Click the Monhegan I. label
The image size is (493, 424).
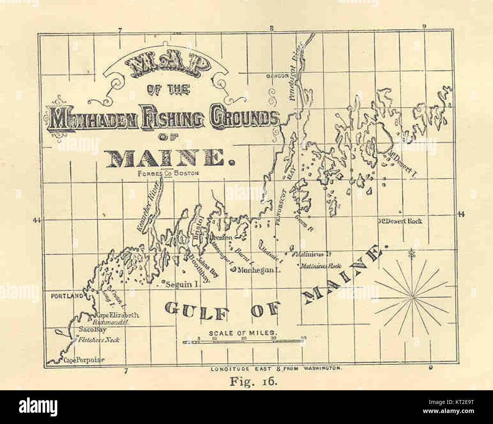point(258,270)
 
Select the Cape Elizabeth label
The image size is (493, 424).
point(112,315)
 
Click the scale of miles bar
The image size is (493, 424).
point(243,342)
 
